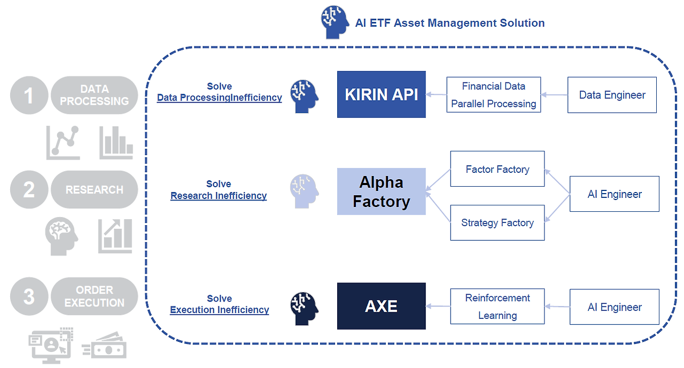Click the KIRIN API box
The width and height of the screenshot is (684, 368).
coord(381,95)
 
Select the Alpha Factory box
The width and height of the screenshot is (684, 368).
coord(381,191)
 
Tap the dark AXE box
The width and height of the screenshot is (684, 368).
coord(381,306)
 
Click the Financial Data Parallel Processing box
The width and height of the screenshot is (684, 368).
coord(493,95)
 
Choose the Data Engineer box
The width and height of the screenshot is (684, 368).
coord(612,95)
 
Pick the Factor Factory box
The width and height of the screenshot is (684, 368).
coord(497,168)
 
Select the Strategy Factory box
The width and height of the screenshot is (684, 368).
coord(497,223)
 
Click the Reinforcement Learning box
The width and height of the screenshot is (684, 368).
coord(497,306)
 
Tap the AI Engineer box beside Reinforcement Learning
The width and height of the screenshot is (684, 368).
coord(615,307)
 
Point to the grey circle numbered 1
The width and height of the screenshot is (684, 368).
coord(29,95)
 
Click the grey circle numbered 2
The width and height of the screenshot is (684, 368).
coord(29,189)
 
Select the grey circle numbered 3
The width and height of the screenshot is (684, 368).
coord(29,296)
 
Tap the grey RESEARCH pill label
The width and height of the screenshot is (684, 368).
coord(95,189)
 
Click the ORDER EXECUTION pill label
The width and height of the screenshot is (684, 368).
coord(95,296)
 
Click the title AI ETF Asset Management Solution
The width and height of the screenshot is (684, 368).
coord(450,23)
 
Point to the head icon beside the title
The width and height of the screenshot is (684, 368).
coord(335,22)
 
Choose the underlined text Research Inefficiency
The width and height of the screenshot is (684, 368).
coord(219,196)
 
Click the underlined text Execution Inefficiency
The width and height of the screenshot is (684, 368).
coord(219,310)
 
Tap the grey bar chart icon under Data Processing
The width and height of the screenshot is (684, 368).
coord(116,143)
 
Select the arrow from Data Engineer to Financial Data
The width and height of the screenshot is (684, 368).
coord(554,95)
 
